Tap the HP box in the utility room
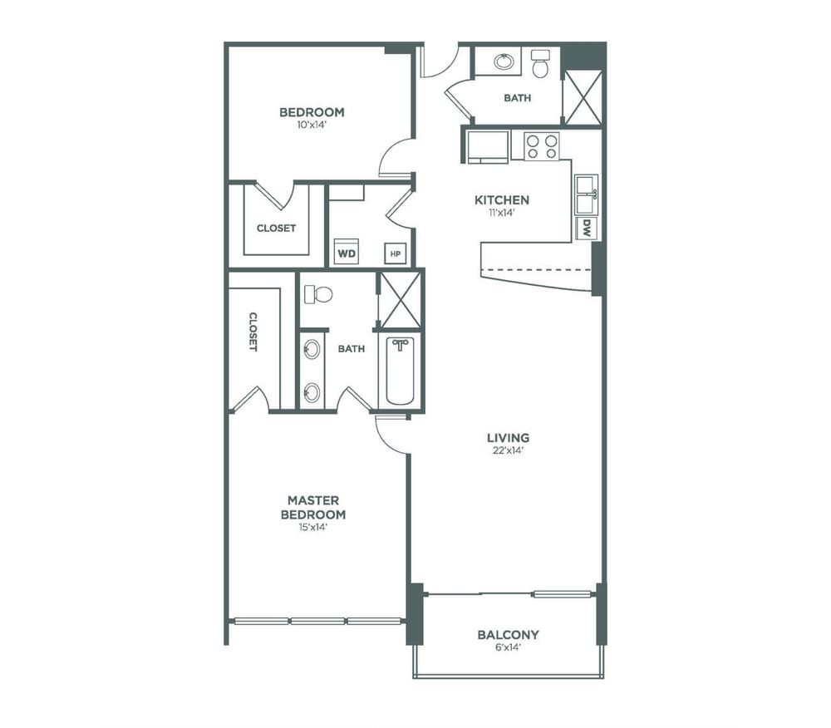(395, 253)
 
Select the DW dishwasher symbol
(587, 229)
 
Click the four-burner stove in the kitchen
(542, 146)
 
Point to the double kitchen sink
(586, 194)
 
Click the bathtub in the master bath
(401, 371)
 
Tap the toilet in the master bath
(318, 294)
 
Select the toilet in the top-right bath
(541, 63)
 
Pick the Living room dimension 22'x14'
(509, 451)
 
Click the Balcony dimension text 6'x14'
(508, 647)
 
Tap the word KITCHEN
(502, 200)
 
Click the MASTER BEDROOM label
(313, 507)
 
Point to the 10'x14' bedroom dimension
(312, 125)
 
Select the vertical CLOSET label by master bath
(253, 332)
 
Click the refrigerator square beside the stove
(488, 147)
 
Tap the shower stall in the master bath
(401, 300)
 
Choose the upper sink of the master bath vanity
(312, 349)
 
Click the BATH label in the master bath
(352, 349)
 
